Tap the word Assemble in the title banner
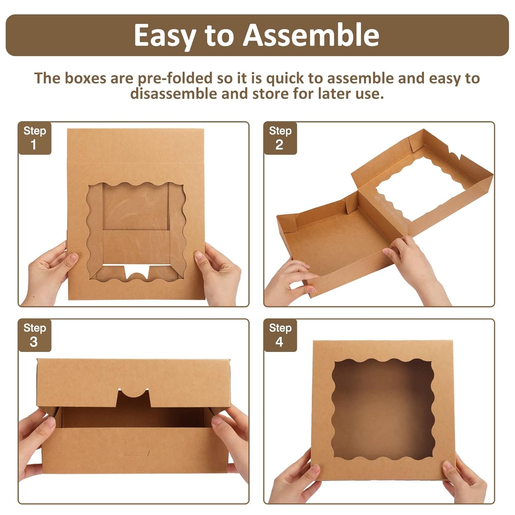pos(311,35)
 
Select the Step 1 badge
pos(34,138)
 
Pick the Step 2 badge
pos(280,138)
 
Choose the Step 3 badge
pos(34,335)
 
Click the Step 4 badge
pos(280,335)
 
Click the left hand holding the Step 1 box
pos(48,271)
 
